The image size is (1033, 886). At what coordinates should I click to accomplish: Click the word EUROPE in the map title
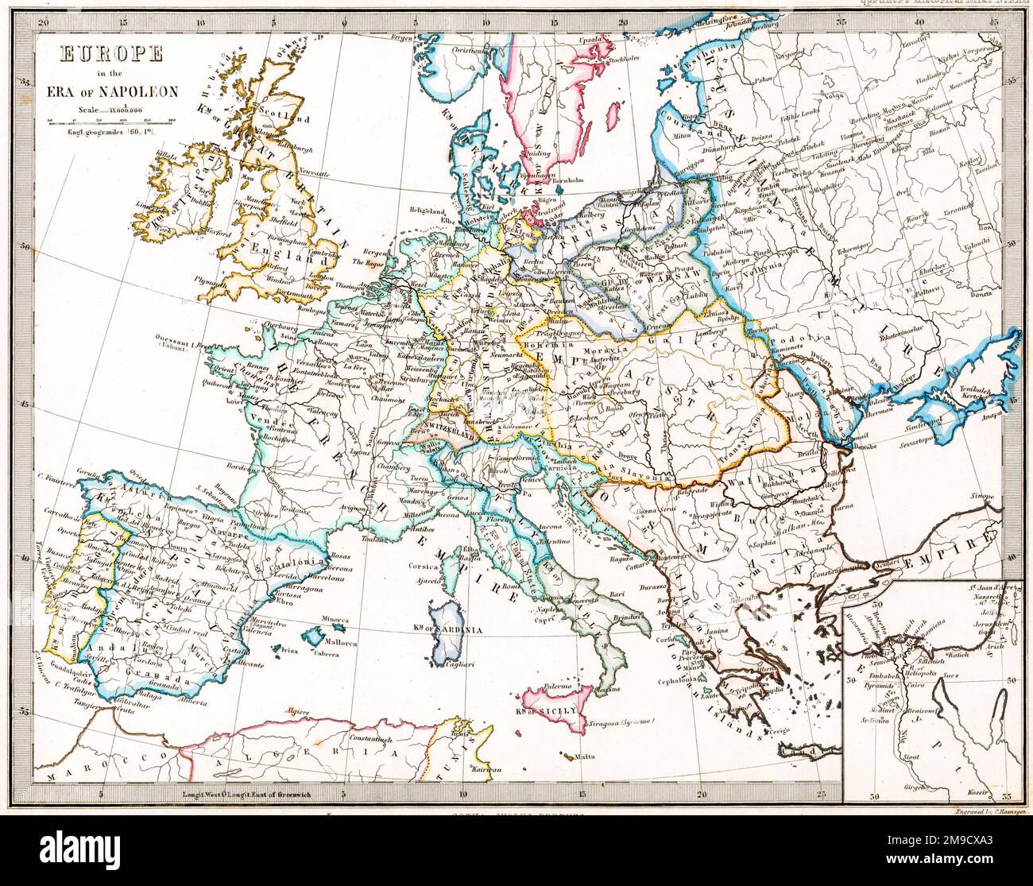point(111,54)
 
